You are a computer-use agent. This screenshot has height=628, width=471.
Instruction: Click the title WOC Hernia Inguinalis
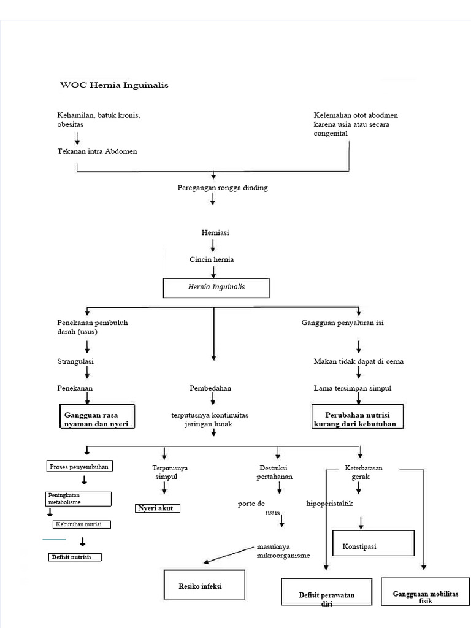(x=114, y=85)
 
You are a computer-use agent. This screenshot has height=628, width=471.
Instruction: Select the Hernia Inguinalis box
(x=215, y=287)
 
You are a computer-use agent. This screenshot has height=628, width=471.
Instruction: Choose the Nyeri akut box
(x=158, y=508)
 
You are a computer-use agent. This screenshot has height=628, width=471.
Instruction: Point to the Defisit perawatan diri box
(x=326, y=596)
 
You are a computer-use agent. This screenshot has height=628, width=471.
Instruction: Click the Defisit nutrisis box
(x=75, y=557)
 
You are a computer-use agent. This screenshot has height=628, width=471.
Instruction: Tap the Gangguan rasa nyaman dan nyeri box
(x=96, y=419)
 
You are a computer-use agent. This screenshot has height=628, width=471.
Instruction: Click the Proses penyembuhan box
(x=80, y=467)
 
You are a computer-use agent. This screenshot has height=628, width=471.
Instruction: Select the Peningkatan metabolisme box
(x=78, y=499)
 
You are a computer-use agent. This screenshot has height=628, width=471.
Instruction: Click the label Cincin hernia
(x=212, y=259)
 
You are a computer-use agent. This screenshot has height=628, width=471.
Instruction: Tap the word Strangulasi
(x=75, y=361)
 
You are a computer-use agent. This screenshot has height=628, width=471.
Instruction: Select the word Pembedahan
(x=210, y=388)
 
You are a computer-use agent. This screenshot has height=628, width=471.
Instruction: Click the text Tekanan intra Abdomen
(x=97, y=151)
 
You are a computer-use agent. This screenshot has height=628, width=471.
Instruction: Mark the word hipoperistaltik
(x=330, y=504)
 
